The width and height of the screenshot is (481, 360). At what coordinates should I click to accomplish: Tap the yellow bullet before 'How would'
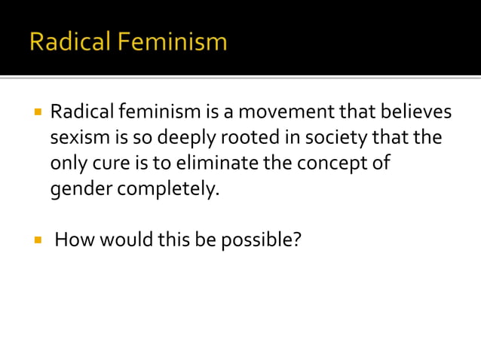coord(35,242)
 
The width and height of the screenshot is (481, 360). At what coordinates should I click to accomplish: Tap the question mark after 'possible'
coord(296,241)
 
